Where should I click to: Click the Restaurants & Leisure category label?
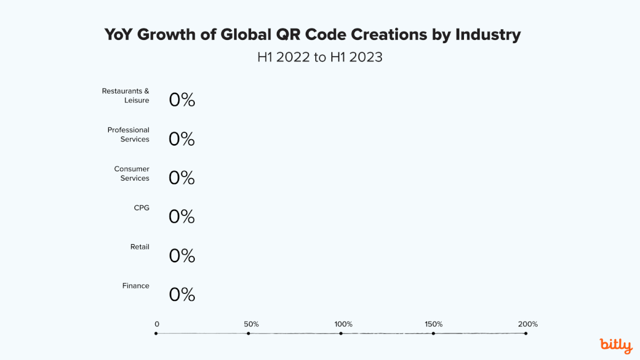pyautogui.click(x=126, y=95)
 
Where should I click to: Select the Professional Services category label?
pyautogui.click(x=129, y=134)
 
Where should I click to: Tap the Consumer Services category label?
pyautogui.click(x=132, y=173)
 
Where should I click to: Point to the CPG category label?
pyautogui.click(x=141, y=208)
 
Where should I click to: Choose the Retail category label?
pyautogui.click(x=140, y=247)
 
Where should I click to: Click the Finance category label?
pyautogui.click(x=136, y=286)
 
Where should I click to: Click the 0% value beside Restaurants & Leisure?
pyautogui.click(x=182, y=100)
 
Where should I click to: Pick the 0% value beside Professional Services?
pyautogui.click(x=182, y=139)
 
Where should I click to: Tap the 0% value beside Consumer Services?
pyautogui.click(x=182, y=178)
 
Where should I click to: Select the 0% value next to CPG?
pyautogui.click(x=182, y=217)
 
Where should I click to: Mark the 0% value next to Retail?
pyautogui.click(x=182, y=256)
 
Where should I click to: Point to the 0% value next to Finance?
pyautogui.click(x=182, y=295)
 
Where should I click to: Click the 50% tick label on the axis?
pyautogui.click(x=251, y=324)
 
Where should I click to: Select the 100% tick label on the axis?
pyautogui.click(x=343, y=324)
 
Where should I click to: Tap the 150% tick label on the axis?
pyautogui.click(x=434, y=324)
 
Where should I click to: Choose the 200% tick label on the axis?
pyautogui.click(x=528, y=324)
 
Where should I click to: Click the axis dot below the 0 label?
pyautogui.click(x=156, y=333)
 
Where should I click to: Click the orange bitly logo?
pyautogui.click(x=616, y=345)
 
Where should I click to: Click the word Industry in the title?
pyautogui.click(x=487, y=35)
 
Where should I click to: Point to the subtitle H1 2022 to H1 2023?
pyautogui.click(x=320, y=57)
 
